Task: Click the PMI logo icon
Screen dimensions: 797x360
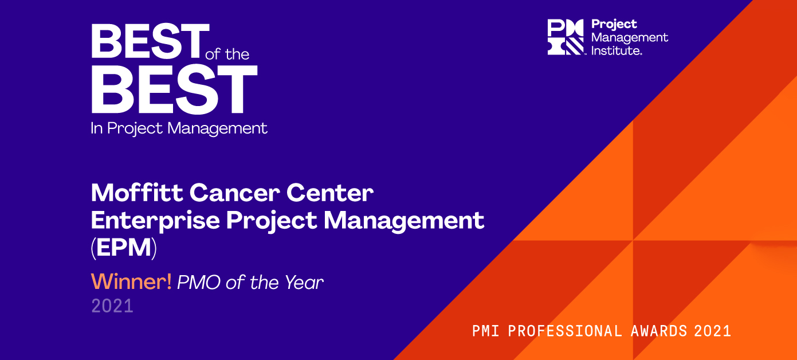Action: (x=566, y=37)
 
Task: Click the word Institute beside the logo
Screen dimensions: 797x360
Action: (x=617, y=50)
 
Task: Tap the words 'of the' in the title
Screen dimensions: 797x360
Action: (x=227, y=54)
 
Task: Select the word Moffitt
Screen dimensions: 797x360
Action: (x=137, y=193)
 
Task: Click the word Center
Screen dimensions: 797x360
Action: (x=330, y=193)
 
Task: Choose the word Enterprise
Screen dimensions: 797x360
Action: (x=155, y=221)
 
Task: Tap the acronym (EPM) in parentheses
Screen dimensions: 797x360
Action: (x=124, y=248)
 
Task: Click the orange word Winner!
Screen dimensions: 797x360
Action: (x=131, y=281)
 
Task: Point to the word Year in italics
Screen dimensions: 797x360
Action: (x=304, y=283)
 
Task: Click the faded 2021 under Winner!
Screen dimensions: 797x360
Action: (x=112, y=306)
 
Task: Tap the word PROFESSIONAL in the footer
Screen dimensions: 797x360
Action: (x=564, y=331)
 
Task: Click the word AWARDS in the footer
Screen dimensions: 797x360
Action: (x=659, y=331)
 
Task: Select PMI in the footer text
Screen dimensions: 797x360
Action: (x=485, y=331)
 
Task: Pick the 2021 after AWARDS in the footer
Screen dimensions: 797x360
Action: (x=712, y=331)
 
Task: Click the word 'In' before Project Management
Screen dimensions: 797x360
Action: (x=97, y=128)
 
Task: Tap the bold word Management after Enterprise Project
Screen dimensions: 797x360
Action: (x=403, y=221)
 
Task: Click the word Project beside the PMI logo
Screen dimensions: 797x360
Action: (x=614, y=25)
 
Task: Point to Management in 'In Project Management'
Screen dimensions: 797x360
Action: (x=217, y=129)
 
